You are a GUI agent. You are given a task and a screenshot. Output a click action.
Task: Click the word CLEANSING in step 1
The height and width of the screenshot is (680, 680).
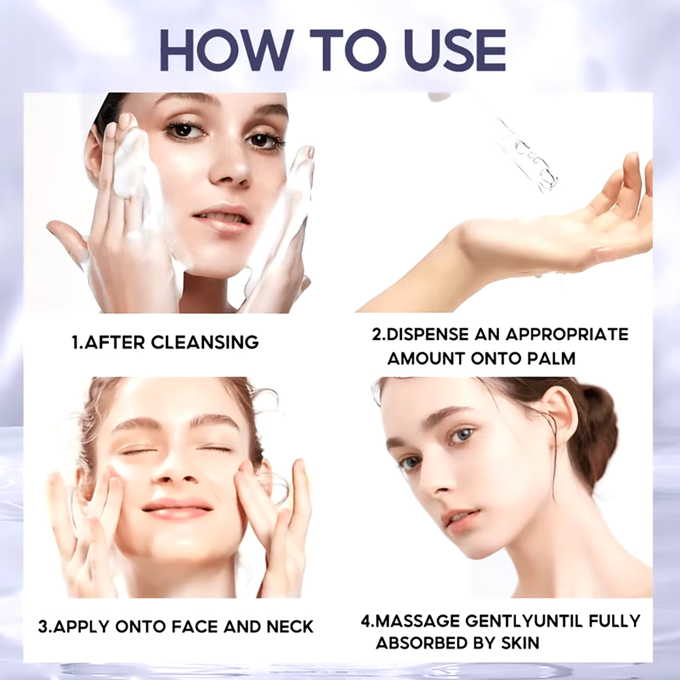click(204, 342)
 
